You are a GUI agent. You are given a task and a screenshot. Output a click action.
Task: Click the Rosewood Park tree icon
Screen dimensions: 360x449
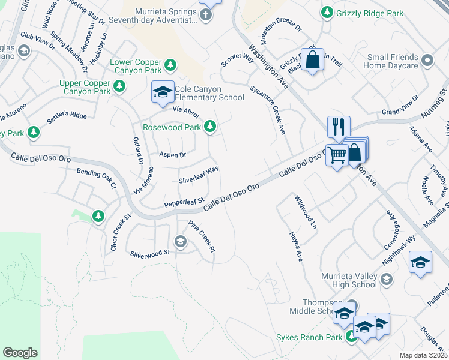209,126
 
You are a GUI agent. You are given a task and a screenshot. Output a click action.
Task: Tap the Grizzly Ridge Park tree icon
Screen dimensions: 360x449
327,11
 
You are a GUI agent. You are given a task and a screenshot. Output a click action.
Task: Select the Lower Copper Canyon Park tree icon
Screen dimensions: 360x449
170,64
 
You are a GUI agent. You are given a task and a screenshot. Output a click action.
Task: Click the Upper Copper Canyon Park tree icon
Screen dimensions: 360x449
120,87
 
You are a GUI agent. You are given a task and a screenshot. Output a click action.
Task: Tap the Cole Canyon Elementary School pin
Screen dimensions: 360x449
163,92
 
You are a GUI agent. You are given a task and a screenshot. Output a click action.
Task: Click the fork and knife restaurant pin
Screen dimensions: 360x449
339,127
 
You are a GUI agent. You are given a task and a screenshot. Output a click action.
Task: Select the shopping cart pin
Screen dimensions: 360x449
337,155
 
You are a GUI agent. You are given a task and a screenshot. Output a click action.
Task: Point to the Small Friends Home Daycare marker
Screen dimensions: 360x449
427,60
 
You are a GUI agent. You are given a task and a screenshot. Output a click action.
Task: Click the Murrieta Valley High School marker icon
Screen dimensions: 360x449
387,279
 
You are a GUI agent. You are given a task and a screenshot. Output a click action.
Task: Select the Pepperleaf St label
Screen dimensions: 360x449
185,203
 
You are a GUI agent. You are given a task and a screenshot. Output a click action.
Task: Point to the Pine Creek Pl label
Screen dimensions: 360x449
202,237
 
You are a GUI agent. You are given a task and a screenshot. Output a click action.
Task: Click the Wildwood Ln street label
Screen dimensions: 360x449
305,212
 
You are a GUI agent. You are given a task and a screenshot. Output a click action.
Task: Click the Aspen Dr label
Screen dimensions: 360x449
172,155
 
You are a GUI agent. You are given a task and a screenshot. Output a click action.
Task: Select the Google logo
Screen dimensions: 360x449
20,352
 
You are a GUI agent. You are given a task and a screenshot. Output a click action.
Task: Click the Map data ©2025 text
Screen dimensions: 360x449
424,355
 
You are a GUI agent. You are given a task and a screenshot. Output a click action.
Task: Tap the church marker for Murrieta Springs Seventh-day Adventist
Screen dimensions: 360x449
205,14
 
